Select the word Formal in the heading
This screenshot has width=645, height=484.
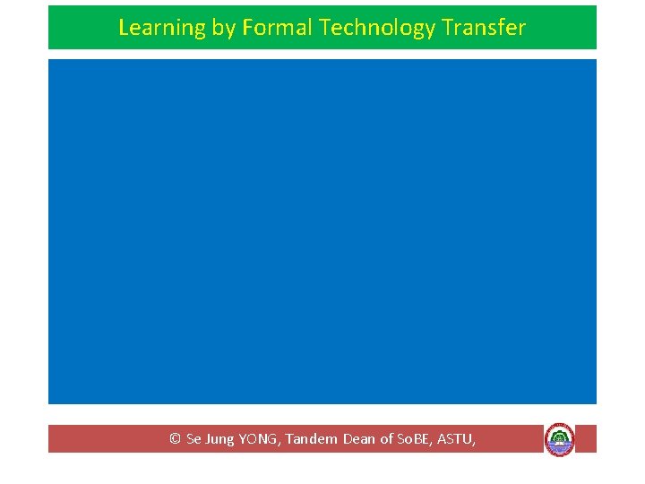(277, 28)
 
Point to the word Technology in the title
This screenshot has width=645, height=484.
(377, 29)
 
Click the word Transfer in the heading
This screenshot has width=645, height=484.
(484, 28)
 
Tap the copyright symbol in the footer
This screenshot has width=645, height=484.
(175, 439)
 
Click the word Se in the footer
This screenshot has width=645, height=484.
(193, 439)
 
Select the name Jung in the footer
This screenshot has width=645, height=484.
(219, 440)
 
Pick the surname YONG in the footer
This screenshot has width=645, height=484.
(259, 439)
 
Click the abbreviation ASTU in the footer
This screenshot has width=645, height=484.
(454, 439)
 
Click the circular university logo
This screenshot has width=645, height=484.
(560, 439)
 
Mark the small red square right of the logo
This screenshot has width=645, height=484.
(586, 438)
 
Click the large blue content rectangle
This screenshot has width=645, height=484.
(322, 231)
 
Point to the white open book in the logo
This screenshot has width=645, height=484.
(560, 443)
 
